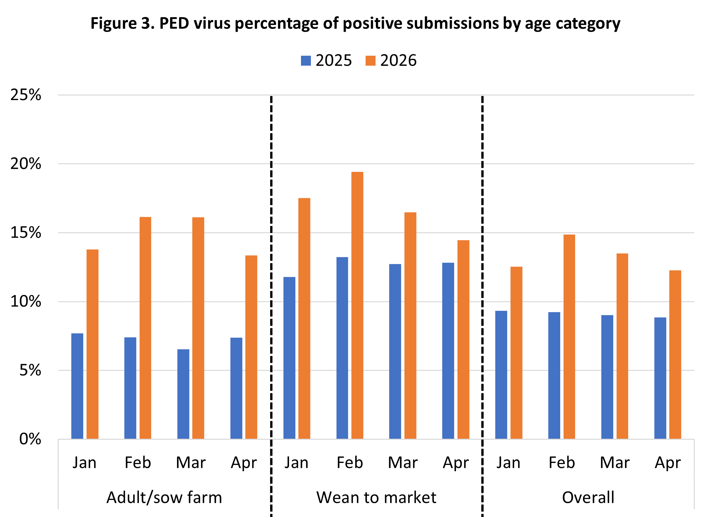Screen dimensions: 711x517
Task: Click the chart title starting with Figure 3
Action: pos(355,24)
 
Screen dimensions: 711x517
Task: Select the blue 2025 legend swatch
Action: pos(306,61)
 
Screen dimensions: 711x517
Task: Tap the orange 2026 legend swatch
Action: pos(370,61)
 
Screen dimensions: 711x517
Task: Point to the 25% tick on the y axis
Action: pos(26,95)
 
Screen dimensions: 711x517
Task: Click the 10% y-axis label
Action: pos(26,302)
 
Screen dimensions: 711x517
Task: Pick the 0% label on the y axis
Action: pos(30,439)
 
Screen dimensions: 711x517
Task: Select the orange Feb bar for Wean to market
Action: pos(357,305)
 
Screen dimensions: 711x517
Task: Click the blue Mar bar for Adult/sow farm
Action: pos(183,394)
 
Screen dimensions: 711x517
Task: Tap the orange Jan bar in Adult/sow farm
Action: pos(92,344)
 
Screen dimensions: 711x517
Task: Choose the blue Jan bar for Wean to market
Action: pos(289,358)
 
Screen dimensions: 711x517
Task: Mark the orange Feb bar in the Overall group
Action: pos(569,337)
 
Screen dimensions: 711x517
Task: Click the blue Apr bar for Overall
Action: pos(660,378)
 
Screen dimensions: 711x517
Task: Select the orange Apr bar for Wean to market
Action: pos(463,340)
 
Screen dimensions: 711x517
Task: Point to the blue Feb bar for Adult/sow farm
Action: pos(130,388)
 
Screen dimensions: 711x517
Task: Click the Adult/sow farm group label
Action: pos(164,498)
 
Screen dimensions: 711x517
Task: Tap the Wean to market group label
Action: pos(377,498)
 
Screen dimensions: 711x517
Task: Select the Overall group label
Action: pos(588,498)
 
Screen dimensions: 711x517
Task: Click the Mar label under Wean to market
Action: pos(403,463)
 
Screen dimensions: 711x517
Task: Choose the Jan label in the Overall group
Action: pos(508,463)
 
